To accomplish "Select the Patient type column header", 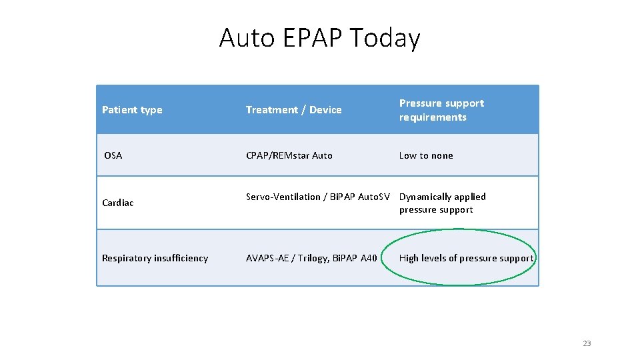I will coord(132,110).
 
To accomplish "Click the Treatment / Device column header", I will coord(293,110).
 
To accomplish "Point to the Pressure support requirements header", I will coord(441,110).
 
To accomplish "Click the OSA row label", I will coord(113,155).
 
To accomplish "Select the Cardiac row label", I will coord(118,203).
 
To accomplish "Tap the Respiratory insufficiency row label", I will coord(155,258).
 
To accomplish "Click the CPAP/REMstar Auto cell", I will coord(289,155).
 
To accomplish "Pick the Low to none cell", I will coord(425,155).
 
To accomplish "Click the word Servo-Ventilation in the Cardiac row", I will coord(281,197).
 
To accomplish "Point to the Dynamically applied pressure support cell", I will coord(442,203).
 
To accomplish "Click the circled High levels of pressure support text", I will coord(466,258).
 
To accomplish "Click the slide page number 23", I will coord(587,343).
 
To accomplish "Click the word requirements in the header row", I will coord(433,117).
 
